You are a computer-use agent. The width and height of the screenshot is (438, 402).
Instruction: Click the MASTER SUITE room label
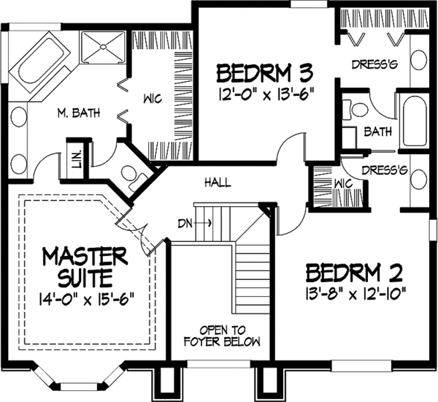point(85,267)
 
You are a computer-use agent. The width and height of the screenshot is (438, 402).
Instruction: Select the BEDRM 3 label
point(265,73)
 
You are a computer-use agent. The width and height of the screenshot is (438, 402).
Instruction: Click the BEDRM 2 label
point(354,275)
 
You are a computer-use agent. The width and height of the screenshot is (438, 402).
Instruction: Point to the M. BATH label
point(80,113)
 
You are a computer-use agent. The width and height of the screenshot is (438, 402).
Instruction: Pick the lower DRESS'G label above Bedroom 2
point(387,171)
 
